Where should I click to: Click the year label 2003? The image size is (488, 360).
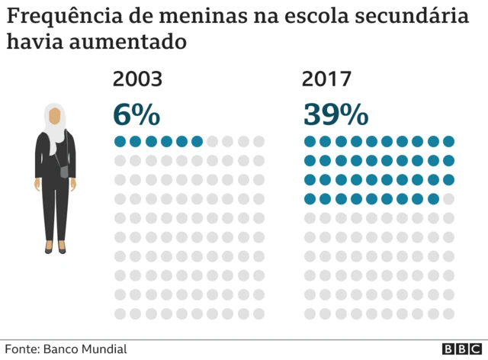point(137,79)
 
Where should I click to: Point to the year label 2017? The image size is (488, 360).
point(328,79)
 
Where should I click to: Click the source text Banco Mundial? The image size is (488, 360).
point(85,349)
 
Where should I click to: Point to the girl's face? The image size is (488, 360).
point(55,116)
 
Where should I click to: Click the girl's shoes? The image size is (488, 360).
point(55,249)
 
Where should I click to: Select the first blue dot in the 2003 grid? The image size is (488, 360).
point(120,141)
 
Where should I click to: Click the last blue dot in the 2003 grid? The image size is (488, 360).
point(197,141)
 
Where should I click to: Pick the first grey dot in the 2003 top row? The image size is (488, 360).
point(213,141)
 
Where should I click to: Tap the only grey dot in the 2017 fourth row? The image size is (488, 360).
point(448,199)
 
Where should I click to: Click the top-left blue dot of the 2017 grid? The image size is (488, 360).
point(310,141)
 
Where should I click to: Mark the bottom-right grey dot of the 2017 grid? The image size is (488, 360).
point(448,313)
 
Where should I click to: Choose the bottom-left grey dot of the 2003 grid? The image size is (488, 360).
point(120,313)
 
